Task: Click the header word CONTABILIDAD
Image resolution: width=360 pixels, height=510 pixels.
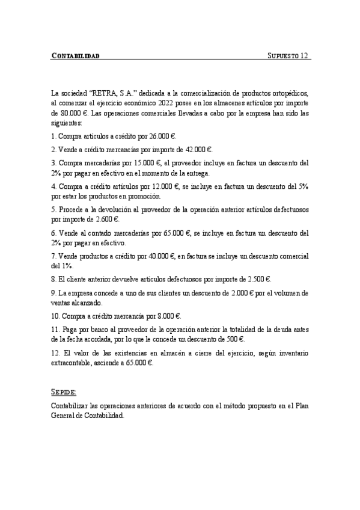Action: point(75,56)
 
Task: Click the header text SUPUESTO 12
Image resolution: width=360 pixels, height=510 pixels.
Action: point(287,56)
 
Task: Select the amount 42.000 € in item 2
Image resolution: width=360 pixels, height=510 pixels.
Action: point(198,149)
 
